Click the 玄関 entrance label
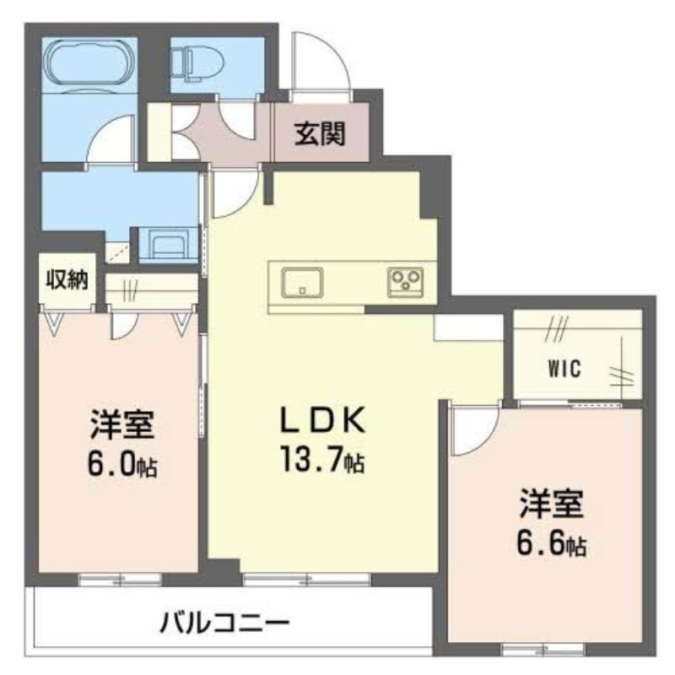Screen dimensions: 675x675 coord(320,134)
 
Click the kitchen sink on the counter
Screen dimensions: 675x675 coord(302,283)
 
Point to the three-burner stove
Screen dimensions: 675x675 coord(405,282)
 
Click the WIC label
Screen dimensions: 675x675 coord(564,369)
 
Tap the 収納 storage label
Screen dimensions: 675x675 coord(67,280)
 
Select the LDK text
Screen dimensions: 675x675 coord(323,419)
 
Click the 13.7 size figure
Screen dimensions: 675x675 coord(312,459)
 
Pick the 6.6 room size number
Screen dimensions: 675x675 coord(541,543)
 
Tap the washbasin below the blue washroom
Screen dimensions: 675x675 coord(169,244)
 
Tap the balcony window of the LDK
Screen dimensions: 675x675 coord(307,579)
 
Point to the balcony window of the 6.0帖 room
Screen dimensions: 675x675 coord(120,579)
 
